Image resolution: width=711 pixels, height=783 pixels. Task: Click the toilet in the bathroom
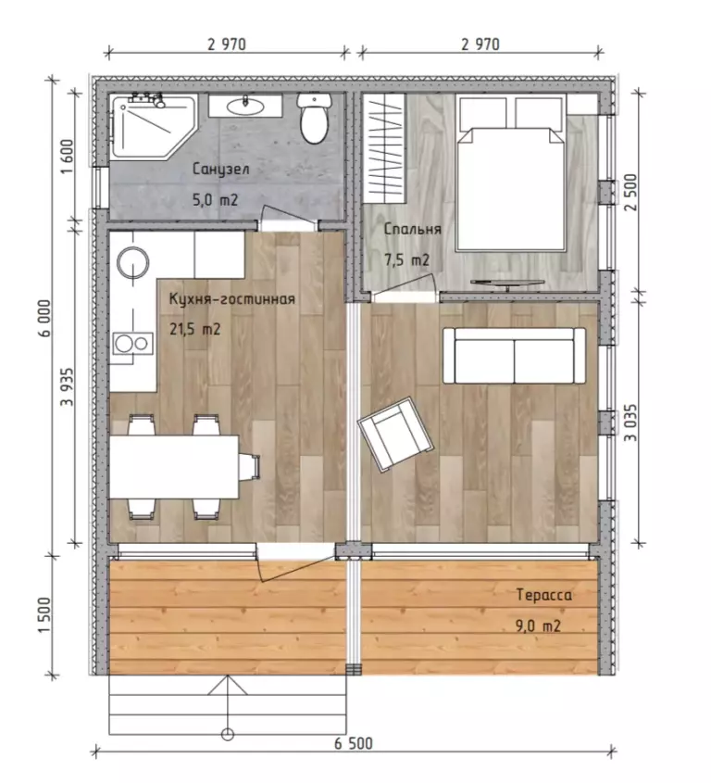[x=314, y=118]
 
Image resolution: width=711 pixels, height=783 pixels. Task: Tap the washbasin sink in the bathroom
[x=245, y=106]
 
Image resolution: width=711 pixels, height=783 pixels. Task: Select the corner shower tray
[x=153, y=127]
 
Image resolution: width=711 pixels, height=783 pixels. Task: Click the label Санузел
[x=220, y=170]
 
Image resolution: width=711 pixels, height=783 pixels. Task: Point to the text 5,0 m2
[x=215, y=200]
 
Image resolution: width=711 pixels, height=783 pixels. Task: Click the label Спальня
[x=413, y=229]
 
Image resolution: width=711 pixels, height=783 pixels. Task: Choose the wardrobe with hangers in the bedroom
[x=383, y=148]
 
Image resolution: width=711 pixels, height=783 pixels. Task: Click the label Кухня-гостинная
[x=232, y=299]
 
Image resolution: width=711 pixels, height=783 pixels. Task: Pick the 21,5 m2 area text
[x=195, y=330]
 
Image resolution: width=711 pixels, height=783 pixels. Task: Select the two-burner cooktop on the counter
[x=132, y=343]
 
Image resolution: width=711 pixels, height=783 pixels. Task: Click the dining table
[x=174, y=467]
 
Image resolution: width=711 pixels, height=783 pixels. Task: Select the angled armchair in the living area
[x=395, y=435]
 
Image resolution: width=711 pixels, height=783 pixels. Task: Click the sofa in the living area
[x=515, y=356]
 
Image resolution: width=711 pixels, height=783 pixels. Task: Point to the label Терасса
[x=543, y=595]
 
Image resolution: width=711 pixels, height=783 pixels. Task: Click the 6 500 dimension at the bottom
[x=354, y=743]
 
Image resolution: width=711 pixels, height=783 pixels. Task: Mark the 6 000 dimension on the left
[x=44, y=318]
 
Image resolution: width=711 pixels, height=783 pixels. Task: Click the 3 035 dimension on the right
[x=630, y=423]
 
